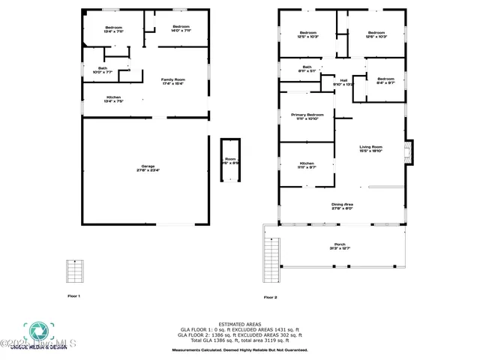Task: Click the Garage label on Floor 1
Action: tap(147, 169)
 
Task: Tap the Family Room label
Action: tap(173, 81)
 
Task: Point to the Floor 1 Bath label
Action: tap(102, 69)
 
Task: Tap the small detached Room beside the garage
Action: tap(230, 160)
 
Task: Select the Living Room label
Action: tap(371, 148)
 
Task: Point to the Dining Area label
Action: tap(342, 205)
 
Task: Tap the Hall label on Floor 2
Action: tap(343, 82)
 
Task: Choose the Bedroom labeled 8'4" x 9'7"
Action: tap(385, 81)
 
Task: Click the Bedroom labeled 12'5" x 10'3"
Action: tap(308, 34)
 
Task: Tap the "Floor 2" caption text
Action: tap(270, 297)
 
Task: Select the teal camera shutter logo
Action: tap(35, 331)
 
